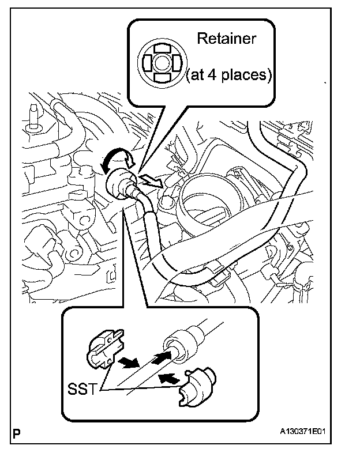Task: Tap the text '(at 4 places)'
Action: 228,76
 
